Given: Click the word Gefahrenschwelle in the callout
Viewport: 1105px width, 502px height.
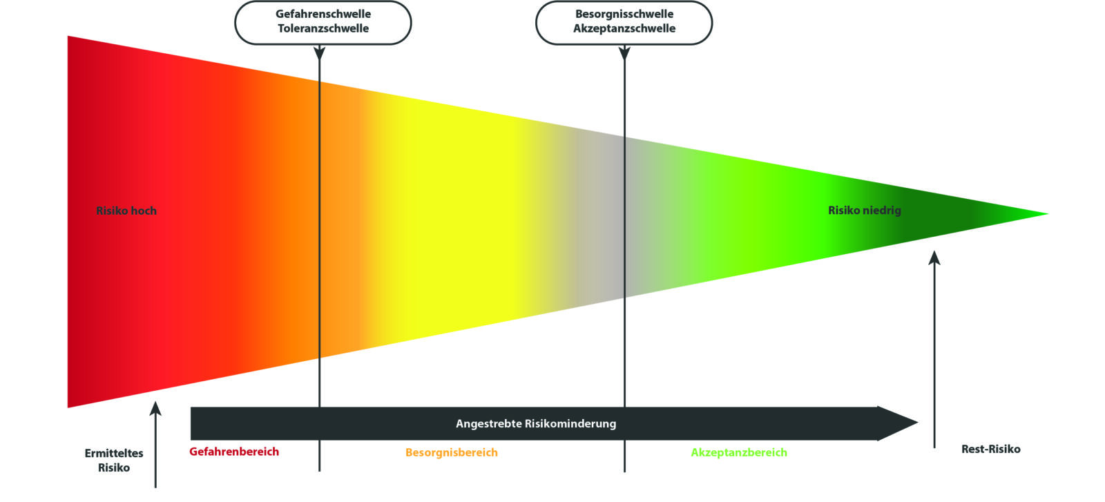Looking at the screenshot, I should (323, 14).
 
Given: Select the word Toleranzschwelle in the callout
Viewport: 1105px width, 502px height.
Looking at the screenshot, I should (323, 28).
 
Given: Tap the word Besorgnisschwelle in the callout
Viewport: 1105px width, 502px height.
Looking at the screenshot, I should (624, 14).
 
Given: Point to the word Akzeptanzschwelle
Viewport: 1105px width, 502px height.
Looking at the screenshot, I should (624, 28).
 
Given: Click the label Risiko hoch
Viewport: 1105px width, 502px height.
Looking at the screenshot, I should (126, 211).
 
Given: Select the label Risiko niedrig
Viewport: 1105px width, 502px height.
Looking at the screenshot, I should (865, 210).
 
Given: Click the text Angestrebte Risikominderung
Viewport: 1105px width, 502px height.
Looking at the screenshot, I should (536, 423).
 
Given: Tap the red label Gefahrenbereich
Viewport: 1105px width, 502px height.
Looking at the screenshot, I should (234, 452).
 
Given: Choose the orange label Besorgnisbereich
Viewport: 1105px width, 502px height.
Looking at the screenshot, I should (452, 452).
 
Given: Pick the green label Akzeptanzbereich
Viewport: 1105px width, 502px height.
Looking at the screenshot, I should (739, 452).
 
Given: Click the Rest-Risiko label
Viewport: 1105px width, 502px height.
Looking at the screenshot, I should (990, 449).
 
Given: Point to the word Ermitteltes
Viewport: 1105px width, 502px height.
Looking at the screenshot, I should (114, 453).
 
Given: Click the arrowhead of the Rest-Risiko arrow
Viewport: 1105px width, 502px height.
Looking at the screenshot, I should (934, 258).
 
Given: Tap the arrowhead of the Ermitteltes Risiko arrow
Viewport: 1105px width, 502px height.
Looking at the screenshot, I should (155, 408).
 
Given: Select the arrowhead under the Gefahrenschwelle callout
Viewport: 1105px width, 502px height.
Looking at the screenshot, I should (319, 52).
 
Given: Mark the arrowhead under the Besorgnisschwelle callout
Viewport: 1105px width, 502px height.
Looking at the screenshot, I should (624, 52).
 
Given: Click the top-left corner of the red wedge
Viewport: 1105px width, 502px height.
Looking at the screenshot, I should (68, 37).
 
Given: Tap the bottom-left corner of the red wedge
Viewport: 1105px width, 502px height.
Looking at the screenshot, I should (68, 406).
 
